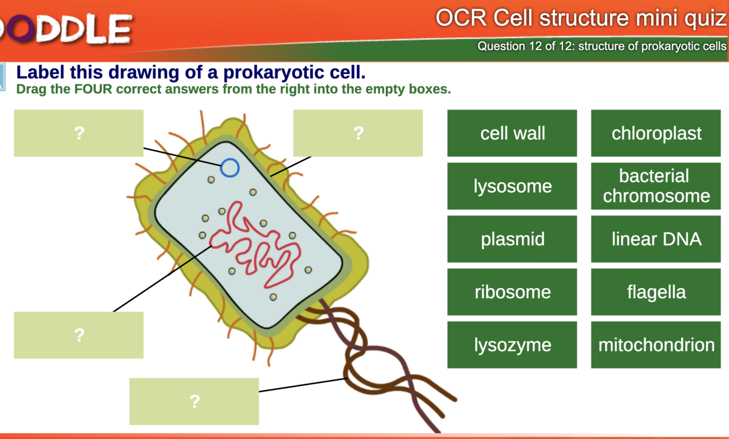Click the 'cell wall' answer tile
512,133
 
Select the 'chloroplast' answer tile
656,133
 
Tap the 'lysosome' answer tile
512,186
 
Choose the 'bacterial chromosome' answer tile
656,186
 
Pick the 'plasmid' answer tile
512,239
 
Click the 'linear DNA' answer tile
656,239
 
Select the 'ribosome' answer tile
512,292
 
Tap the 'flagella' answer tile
656,292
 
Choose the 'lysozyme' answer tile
512,345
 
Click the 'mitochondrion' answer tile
656,345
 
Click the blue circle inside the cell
230,168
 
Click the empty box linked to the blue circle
79,133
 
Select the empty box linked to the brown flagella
194,401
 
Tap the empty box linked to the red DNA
79,335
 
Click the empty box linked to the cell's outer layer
358,133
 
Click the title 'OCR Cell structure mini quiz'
581,19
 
